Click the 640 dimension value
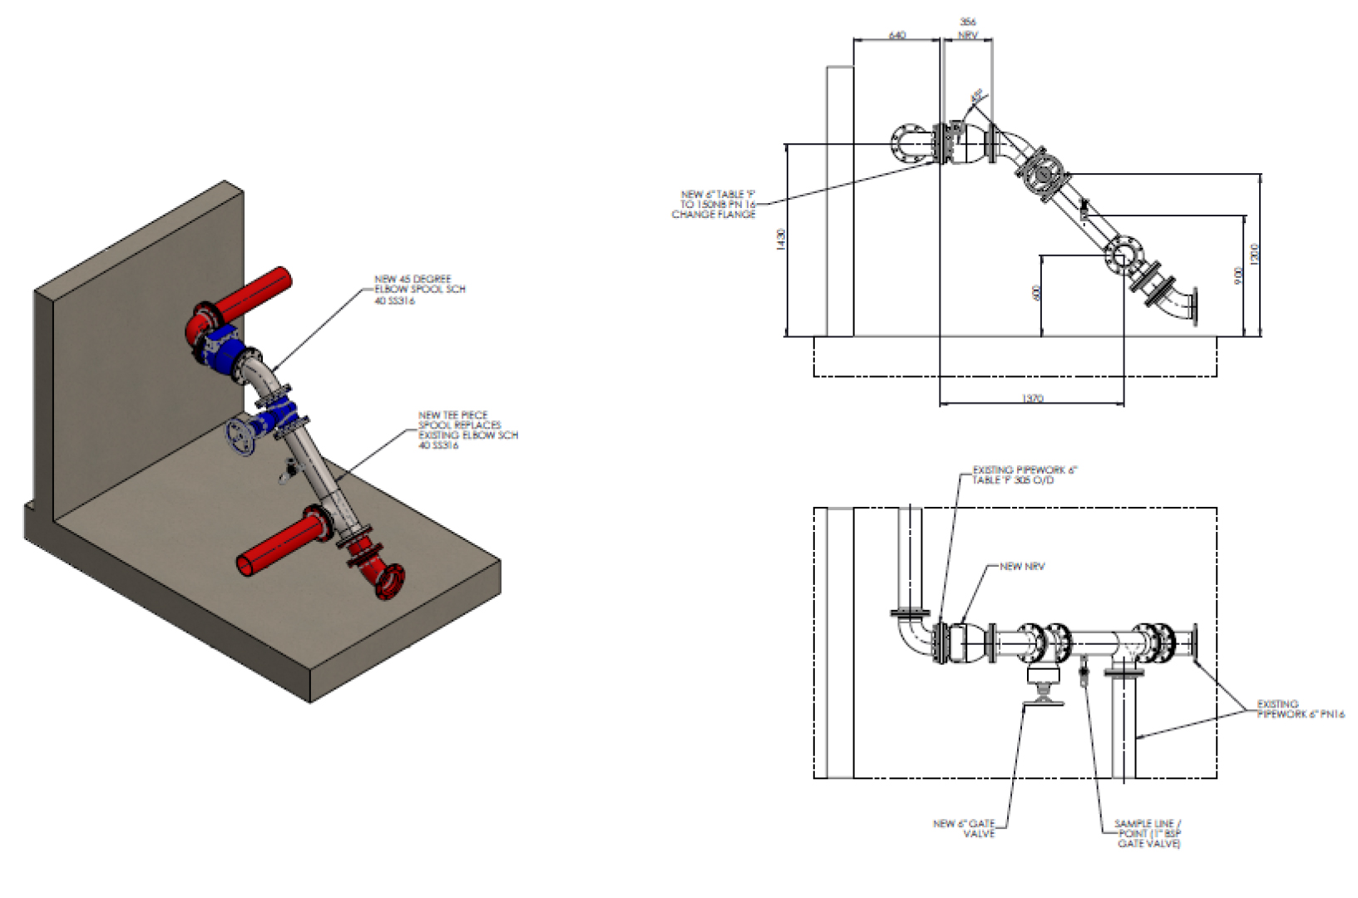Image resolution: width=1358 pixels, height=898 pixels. (896, 35)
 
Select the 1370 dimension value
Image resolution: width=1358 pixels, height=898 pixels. (1031, 399)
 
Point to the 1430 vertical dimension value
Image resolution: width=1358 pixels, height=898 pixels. (780, 240)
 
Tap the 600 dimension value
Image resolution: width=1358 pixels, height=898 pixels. (1035, 293)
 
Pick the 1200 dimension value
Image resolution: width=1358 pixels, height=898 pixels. (1255, 254)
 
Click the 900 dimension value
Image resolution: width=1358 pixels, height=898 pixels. (1238, 275)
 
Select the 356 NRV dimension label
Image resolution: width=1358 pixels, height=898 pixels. (968, 28)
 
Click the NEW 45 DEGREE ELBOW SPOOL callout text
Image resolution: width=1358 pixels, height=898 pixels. (419, 290)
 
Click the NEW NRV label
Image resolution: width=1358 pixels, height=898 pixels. (1022, 567)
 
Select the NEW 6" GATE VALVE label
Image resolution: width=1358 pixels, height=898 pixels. (964, 828)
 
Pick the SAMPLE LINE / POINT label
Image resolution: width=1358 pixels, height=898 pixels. (1148, 833)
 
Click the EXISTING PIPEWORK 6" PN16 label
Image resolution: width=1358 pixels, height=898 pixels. (1300, 709)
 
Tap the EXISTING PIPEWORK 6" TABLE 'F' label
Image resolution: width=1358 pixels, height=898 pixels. (1025, 475)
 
